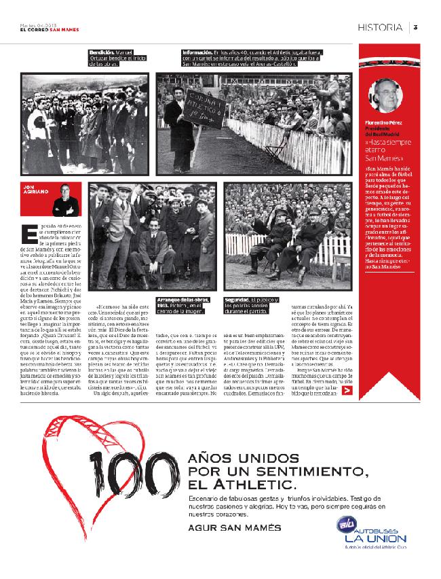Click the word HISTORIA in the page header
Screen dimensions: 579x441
[382, 27]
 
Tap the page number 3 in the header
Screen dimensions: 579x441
[415, 27]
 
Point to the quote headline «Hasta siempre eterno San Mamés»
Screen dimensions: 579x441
[385, 149]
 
